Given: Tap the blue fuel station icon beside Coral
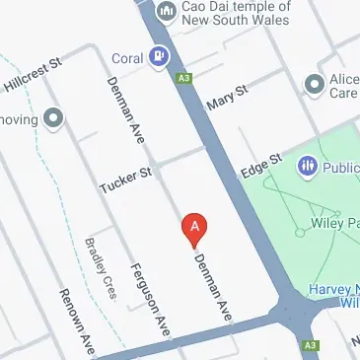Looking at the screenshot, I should (x=158, y=56).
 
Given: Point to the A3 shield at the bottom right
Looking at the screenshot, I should (x=311, y=345).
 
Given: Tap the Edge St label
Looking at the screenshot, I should (x=262, y=164).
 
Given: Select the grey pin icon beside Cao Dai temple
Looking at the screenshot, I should (x=168, y=12).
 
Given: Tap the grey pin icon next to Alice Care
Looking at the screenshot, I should (x=316, y=84).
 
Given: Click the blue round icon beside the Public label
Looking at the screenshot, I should (x=306, y=166).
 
